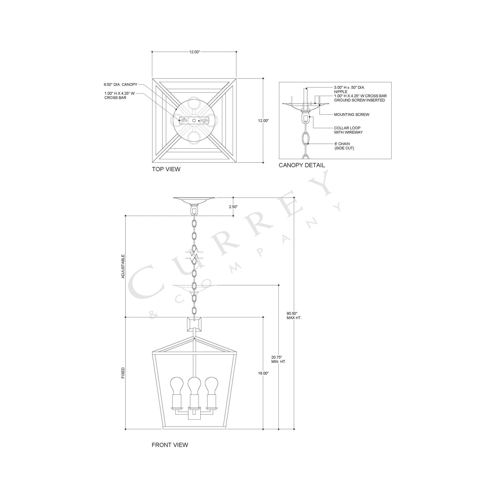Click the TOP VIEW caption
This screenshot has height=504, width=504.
166,169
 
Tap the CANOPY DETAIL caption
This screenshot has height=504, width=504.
301,165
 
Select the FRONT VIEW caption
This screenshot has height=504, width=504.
170,445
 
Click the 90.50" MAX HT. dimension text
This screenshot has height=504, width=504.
294,315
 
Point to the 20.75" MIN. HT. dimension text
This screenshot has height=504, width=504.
278,359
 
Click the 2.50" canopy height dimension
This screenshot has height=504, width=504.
233,207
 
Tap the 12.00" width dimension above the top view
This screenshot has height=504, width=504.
194,52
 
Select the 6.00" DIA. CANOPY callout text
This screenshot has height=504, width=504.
120,84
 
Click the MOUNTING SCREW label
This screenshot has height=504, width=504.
351,114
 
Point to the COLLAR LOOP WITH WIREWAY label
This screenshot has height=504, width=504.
348,130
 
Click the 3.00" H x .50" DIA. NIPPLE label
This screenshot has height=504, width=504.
349,89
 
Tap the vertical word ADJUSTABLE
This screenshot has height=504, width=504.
123,266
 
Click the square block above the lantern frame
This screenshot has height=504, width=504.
194,324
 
